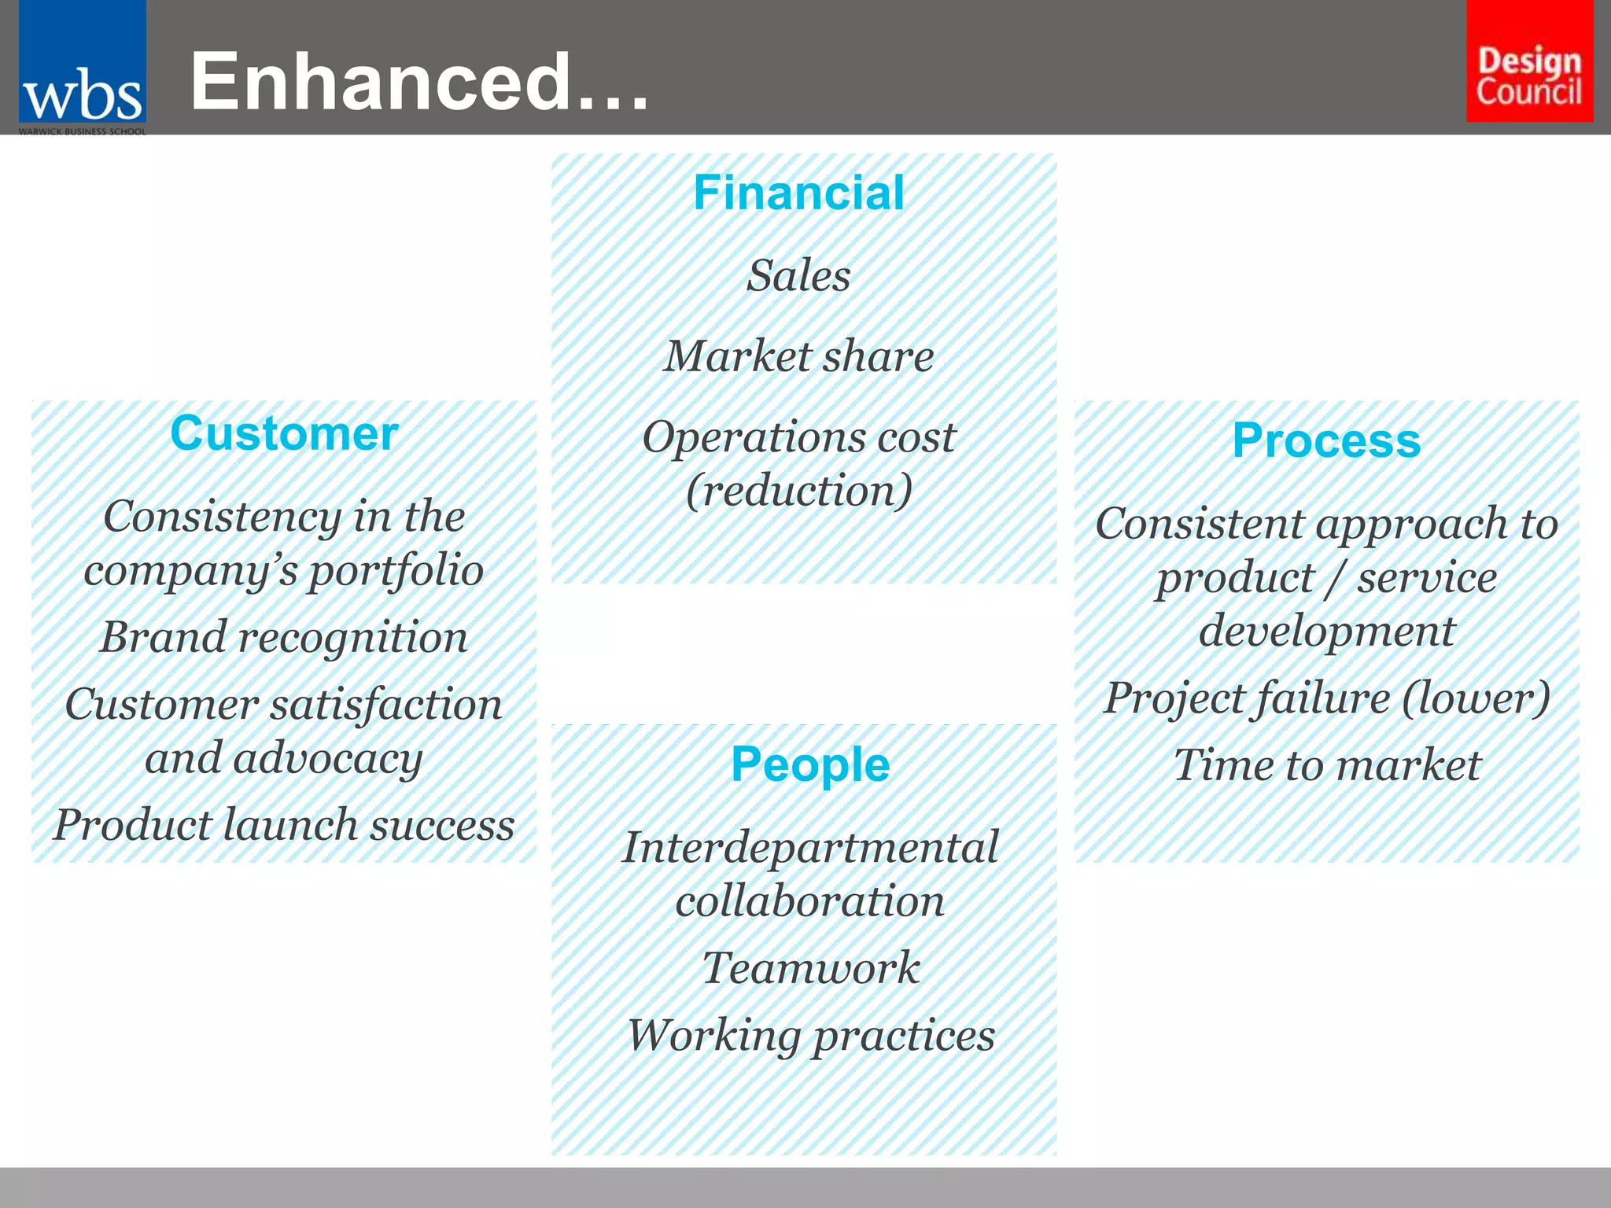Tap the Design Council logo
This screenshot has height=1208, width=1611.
1529,61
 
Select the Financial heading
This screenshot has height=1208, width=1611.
798,193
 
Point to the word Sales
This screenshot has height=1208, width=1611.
798,275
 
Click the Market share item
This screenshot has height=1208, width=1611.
798,356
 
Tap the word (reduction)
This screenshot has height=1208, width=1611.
798,491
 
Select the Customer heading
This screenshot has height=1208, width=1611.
284,433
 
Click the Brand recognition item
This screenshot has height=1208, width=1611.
284,636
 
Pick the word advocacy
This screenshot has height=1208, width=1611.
327,758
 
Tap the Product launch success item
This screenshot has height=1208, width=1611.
284,825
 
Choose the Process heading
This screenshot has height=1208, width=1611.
1326,440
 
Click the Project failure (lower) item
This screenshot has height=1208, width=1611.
1326,698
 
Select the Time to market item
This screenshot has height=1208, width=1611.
1326,764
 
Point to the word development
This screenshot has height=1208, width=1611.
1326,631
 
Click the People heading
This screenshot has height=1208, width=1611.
810,764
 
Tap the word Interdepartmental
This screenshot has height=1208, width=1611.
810,847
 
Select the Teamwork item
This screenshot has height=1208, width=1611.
810,967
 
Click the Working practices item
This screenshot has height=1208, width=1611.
810,1035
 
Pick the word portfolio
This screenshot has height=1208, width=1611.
395,570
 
